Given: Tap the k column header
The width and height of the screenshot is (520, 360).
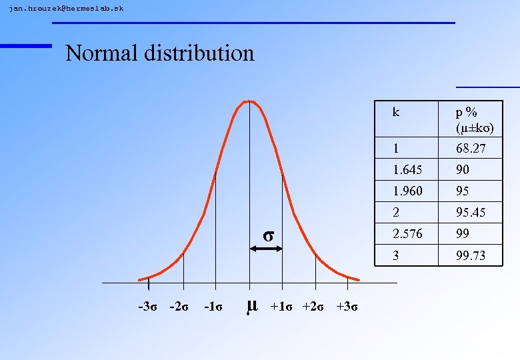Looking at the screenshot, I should click(396, 112).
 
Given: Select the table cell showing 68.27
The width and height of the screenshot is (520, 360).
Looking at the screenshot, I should click(471, 148).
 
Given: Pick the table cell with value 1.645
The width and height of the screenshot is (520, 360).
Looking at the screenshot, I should click(407, 169).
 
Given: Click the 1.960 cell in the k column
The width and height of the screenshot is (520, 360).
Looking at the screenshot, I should click(407, 191).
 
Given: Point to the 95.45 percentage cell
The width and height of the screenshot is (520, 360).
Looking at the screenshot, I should click(471, 213).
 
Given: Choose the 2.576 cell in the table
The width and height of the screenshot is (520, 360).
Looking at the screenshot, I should click(407, 234).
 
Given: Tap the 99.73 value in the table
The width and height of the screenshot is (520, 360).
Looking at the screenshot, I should click(471, 255).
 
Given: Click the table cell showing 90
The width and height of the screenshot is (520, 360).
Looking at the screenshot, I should click(463, 169).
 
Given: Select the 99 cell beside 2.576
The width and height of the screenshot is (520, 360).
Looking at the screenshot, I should click(463, 234).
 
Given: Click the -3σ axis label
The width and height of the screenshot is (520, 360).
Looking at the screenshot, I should click(147, 307).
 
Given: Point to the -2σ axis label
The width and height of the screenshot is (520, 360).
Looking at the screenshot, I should click(179, 307).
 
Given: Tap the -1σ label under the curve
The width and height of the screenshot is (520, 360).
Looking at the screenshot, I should click(213, 307).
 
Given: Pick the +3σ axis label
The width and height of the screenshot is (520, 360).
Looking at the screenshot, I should click(347, 307).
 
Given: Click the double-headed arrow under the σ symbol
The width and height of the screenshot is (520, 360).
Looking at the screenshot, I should click(266, 249).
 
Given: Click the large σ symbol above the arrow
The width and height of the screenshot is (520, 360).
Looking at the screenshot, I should click(267, 235).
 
